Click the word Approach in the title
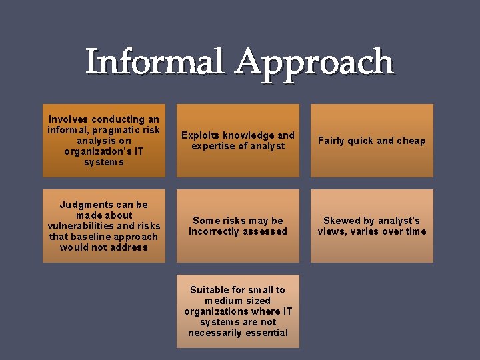point(314,63)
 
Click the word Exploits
point(200,135)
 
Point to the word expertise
point(214,146)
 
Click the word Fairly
point(332,141)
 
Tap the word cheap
point(411,141)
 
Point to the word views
point(332,231)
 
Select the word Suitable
point(209,290)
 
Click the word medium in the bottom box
point(223,301)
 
